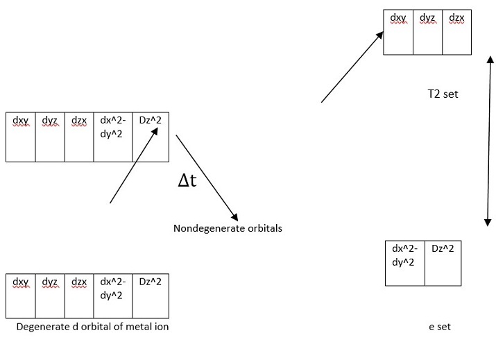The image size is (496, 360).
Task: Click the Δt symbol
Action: [189, 182]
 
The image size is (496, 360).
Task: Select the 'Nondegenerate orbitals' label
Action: [228, 228]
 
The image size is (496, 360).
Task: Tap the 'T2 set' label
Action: [443, 94]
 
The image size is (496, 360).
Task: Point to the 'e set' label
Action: [440, 326]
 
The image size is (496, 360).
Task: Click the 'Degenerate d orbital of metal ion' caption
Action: [92, 327]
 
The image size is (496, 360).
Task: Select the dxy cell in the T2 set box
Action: [398, 32]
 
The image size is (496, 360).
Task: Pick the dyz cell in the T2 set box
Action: [427, 32]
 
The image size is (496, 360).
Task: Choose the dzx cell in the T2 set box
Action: [457, 32]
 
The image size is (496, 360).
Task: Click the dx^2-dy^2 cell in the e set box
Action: [405, 263]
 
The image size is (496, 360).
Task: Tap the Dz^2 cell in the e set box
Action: [443, 263]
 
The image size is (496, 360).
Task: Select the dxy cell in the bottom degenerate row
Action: [20, 296]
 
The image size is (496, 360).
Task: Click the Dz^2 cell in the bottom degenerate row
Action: [150, 296]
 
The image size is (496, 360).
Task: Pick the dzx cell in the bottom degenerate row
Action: [79, 296]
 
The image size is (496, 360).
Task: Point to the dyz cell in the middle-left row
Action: [50, 137]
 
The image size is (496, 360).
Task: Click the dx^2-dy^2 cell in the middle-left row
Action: [112, 137]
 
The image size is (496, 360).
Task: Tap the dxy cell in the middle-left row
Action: [20, 137]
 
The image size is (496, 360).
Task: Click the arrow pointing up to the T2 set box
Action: [352, 67]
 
